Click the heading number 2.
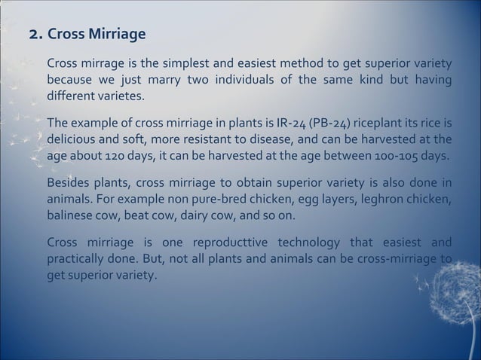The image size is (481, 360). pyautogui.click(x=33, y=35)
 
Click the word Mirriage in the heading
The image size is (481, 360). pyautogui.click(x=118, y=35)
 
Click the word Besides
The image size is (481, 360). pyautogui.click(x=67, y=183)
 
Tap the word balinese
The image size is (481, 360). pyautogui.click(x=71, y=216)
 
